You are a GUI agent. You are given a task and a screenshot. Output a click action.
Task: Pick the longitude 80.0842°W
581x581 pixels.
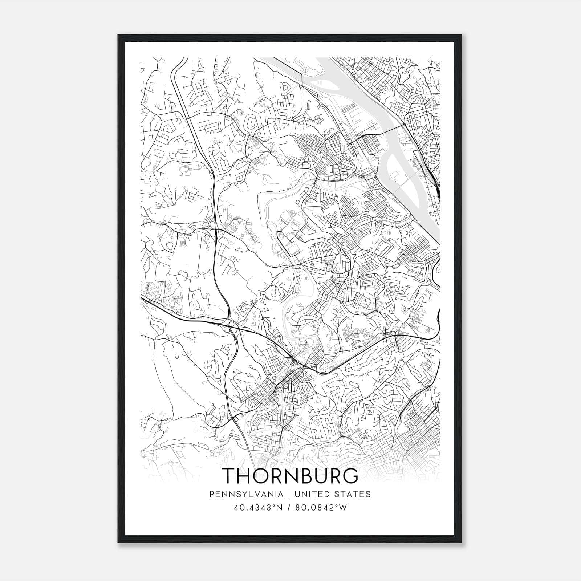[321, 508]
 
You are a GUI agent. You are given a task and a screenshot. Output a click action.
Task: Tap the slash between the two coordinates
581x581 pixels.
[289, 508]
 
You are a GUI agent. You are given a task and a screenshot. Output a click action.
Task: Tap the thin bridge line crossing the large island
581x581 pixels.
[403, 183]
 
